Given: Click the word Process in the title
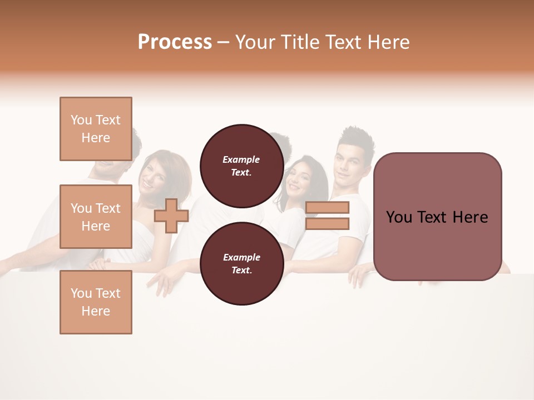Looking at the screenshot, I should [175, 42].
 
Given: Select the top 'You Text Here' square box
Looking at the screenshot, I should [96, 129].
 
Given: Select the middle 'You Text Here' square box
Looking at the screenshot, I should [96, 217].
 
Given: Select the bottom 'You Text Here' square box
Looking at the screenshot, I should [96, 302].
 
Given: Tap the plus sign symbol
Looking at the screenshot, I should [171, 216].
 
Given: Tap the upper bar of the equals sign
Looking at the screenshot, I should [327, 207].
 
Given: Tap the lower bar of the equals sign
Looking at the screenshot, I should [327, 223].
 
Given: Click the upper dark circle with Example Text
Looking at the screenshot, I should [241, 166].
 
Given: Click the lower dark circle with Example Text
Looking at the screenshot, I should [241, 264].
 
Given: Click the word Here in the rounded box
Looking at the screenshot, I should [470, 217].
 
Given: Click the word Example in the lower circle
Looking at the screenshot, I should [241, 257].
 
